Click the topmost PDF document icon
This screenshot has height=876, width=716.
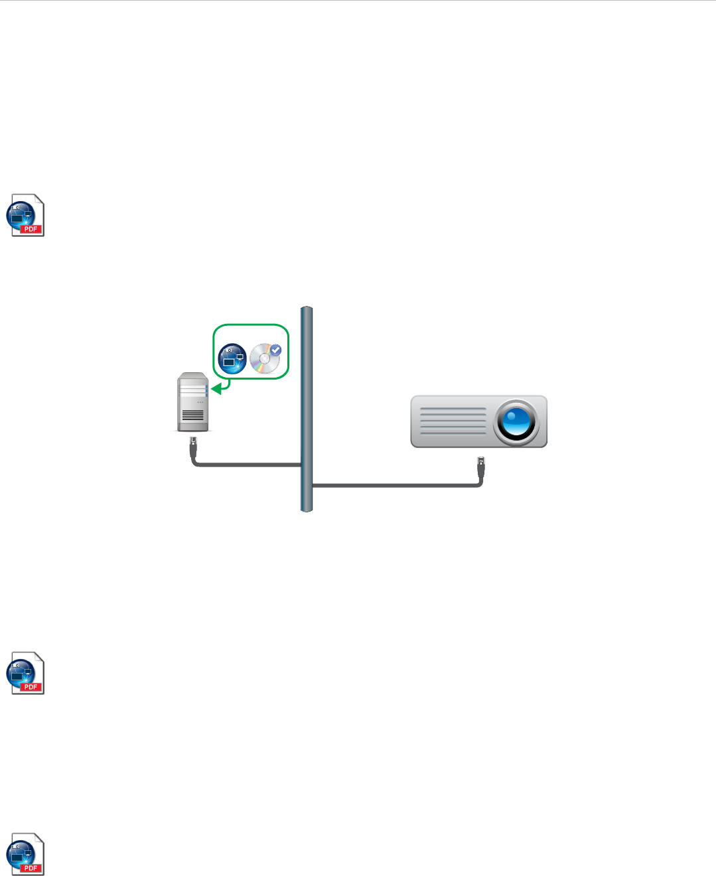[x=25, y=215]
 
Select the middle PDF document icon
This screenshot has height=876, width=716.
[x=25, y=673]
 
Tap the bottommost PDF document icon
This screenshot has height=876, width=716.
[x=25, y=854]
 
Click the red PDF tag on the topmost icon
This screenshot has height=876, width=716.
[x=31, y=229]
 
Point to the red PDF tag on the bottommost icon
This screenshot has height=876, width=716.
[x=31, y=868]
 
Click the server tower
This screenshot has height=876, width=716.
[x=193, y=402]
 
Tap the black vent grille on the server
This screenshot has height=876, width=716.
[x=193, y=416]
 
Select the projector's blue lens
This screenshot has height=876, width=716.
[x=516, y=421]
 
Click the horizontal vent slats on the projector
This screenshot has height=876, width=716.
[x=453, y=421]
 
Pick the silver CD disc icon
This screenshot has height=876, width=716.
[x=264, y=359]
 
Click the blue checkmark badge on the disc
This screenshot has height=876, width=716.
[x=275, y=350]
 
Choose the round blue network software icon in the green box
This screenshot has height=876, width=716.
[x=232, y=358]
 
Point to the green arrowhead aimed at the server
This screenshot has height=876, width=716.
[x=216, y=388]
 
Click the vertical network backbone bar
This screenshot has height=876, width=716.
[x=306, y=409]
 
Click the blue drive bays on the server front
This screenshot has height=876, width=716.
[x=206, y=390]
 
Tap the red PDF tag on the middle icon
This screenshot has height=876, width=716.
[x=31, y=687]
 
